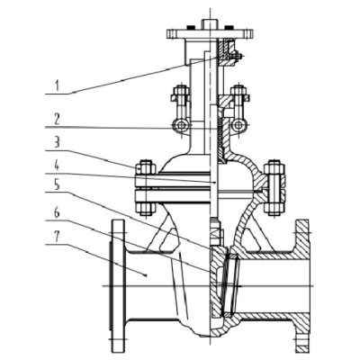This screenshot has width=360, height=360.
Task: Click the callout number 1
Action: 57,85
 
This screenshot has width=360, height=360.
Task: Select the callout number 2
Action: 57,120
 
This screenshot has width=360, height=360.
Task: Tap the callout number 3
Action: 57,142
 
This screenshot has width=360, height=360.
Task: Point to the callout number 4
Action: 57,166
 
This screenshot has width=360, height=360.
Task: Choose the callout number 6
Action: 57,213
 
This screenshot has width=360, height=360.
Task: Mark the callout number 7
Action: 57,237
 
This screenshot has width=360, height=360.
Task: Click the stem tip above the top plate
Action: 209,23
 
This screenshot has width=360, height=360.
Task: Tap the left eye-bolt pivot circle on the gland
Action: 181,125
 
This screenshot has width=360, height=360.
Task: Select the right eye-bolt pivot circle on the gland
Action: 238,125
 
